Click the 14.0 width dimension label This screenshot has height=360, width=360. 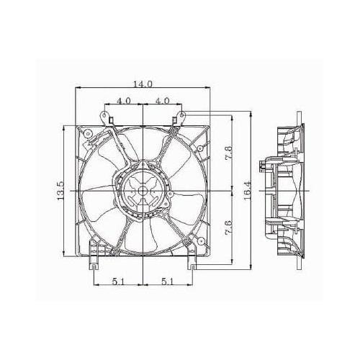tap(144, 84)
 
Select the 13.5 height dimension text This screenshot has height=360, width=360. tap(62, 192)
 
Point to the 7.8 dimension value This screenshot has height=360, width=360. tap(228, 154)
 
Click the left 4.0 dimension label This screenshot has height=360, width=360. tap(124, 100)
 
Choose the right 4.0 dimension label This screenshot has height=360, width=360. tap(163, 100)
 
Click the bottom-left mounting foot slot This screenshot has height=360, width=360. tap(94, 266)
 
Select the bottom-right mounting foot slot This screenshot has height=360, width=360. tap(192, 266)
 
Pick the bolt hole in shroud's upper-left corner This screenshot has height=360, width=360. tap(86, 135)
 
